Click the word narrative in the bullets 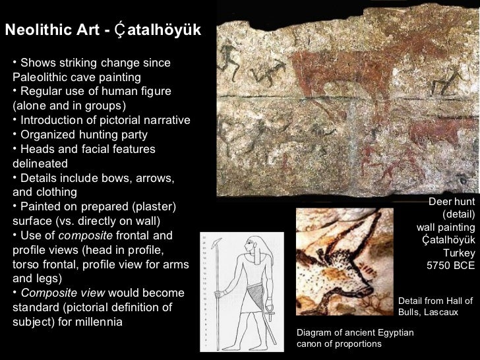click(x=164, y=121)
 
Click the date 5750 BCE click(x=451, y=266)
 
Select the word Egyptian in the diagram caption click(x=389, y=332)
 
